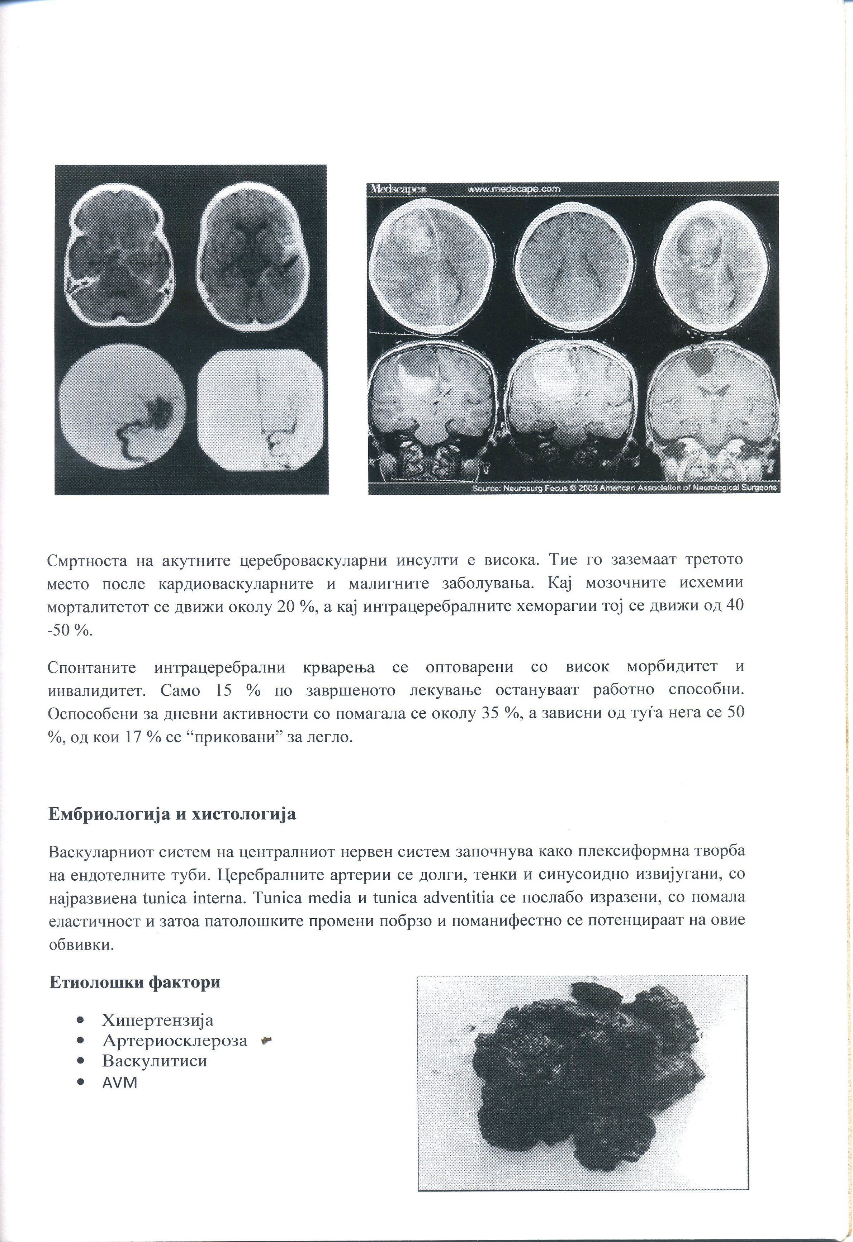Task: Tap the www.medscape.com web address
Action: click(x=513, y=189)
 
